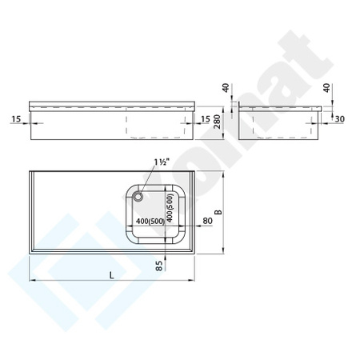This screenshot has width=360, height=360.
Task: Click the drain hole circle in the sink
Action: click(138, 197)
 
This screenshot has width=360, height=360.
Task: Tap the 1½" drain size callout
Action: click(162, 162)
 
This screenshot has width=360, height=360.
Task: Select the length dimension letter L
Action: click(112, 275)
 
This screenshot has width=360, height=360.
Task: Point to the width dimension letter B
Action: click(218, 212)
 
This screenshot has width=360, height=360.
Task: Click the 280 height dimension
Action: click(218, 122)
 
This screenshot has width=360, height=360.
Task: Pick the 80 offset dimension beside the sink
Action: click(207, 221)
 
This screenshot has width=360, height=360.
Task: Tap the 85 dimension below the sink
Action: click(159, 266)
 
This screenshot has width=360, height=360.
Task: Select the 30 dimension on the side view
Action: click(339, 119)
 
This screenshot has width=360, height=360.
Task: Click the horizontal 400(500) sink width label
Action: click(150, 221)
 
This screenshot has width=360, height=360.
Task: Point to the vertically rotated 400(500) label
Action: click(170, 207)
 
